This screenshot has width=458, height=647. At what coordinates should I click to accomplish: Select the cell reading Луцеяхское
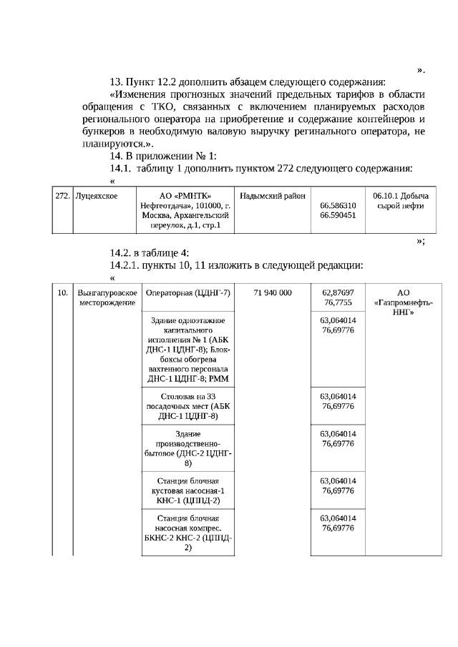pyautogui.click(x=97, y=195)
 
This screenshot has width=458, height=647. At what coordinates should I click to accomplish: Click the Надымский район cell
pyautogui.click(x=273, y=195)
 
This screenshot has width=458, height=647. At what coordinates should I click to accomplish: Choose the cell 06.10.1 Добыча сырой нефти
pyautogui.click(x=401, y=200)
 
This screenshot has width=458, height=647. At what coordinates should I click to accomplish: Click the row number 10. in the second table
pyautogui.click(x=62, y=293)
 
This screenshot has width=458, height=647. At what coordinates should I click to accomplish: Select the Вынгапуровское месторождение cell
pyautogui.click(x=107, y=297)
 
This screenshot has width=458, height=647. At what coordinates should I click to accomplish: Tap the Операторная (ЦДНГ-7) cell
pyautogui.click(x=187, y=293)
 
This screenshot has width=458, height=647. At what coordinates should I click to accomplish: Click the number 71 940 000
pyautogui.click(x=272, y=293)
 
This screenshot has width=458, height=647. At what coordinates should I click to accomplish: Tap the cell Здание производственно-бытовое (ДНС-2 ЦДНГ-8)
pyautogui.click(x=187, y=448)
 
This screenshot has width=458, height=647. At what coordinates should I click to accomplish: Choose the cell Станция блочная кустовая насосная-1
pyautogui.click(x=187, y=489)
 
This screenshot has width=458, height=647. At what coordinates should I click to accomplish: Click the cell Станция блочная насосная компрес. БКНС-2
pyautogui.click(x=187, y=533)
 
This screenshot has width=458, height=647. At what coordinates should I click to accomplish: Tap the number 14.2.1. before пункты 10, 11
pyautogui.click(x=125, y=265)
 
